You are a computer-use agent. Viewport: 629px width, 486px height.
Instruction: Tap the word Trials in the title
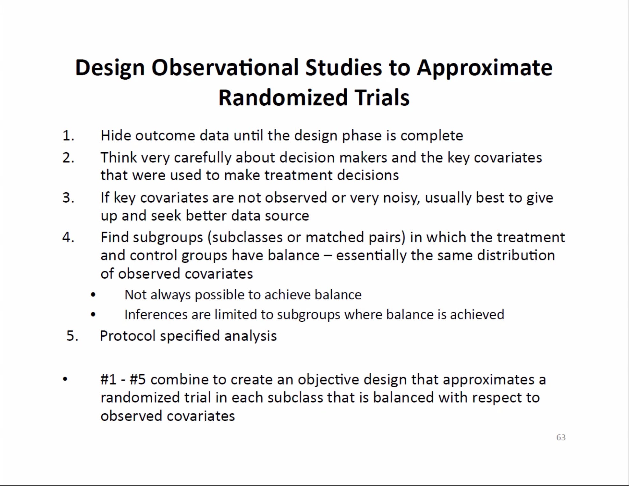(382, 97)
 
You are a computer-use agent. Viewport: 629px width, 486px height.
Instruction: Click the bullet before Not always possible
(93, 295)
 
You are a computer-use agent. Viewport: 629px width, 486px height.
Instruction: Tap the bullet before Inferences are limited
(93, 315)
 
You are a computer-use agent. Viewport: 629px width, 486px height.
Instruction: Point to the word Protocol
(127, 336)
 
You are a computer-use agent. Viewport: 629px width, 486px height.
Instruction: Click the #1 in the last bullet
(108, 380)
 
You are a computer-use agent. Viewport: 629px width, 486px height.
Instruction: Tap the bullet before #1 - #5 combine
(65, 379)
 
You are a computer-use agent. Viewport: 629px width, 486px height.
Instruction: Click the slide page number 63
(561, 437)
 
